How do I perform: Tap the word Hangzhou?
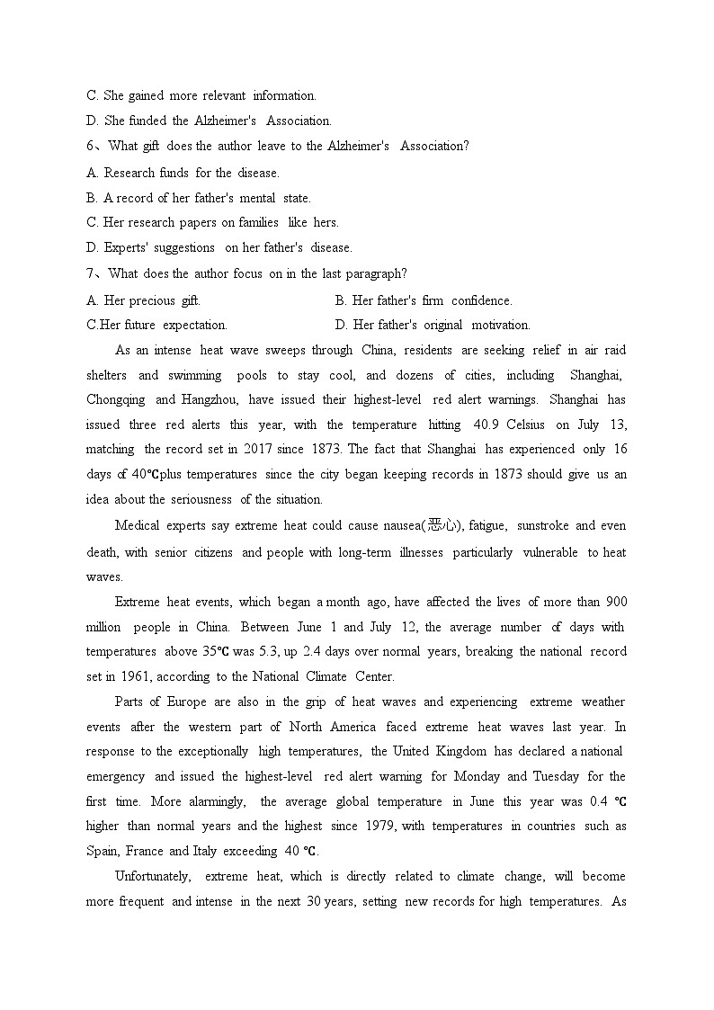(210, 400)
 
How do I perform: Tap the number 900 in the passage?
(616, 602)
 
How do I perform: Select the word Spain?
(102, 851)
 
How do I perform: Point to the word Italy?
(209, 851)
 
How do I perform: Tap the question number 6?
(90, 146)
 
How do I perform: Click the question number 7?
(90, 273)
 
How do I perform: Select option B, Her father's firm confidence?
(424, 300)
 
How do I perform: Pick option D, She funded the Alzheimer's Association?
(209, 121)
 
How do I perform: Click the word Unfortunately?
(153, 876)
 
